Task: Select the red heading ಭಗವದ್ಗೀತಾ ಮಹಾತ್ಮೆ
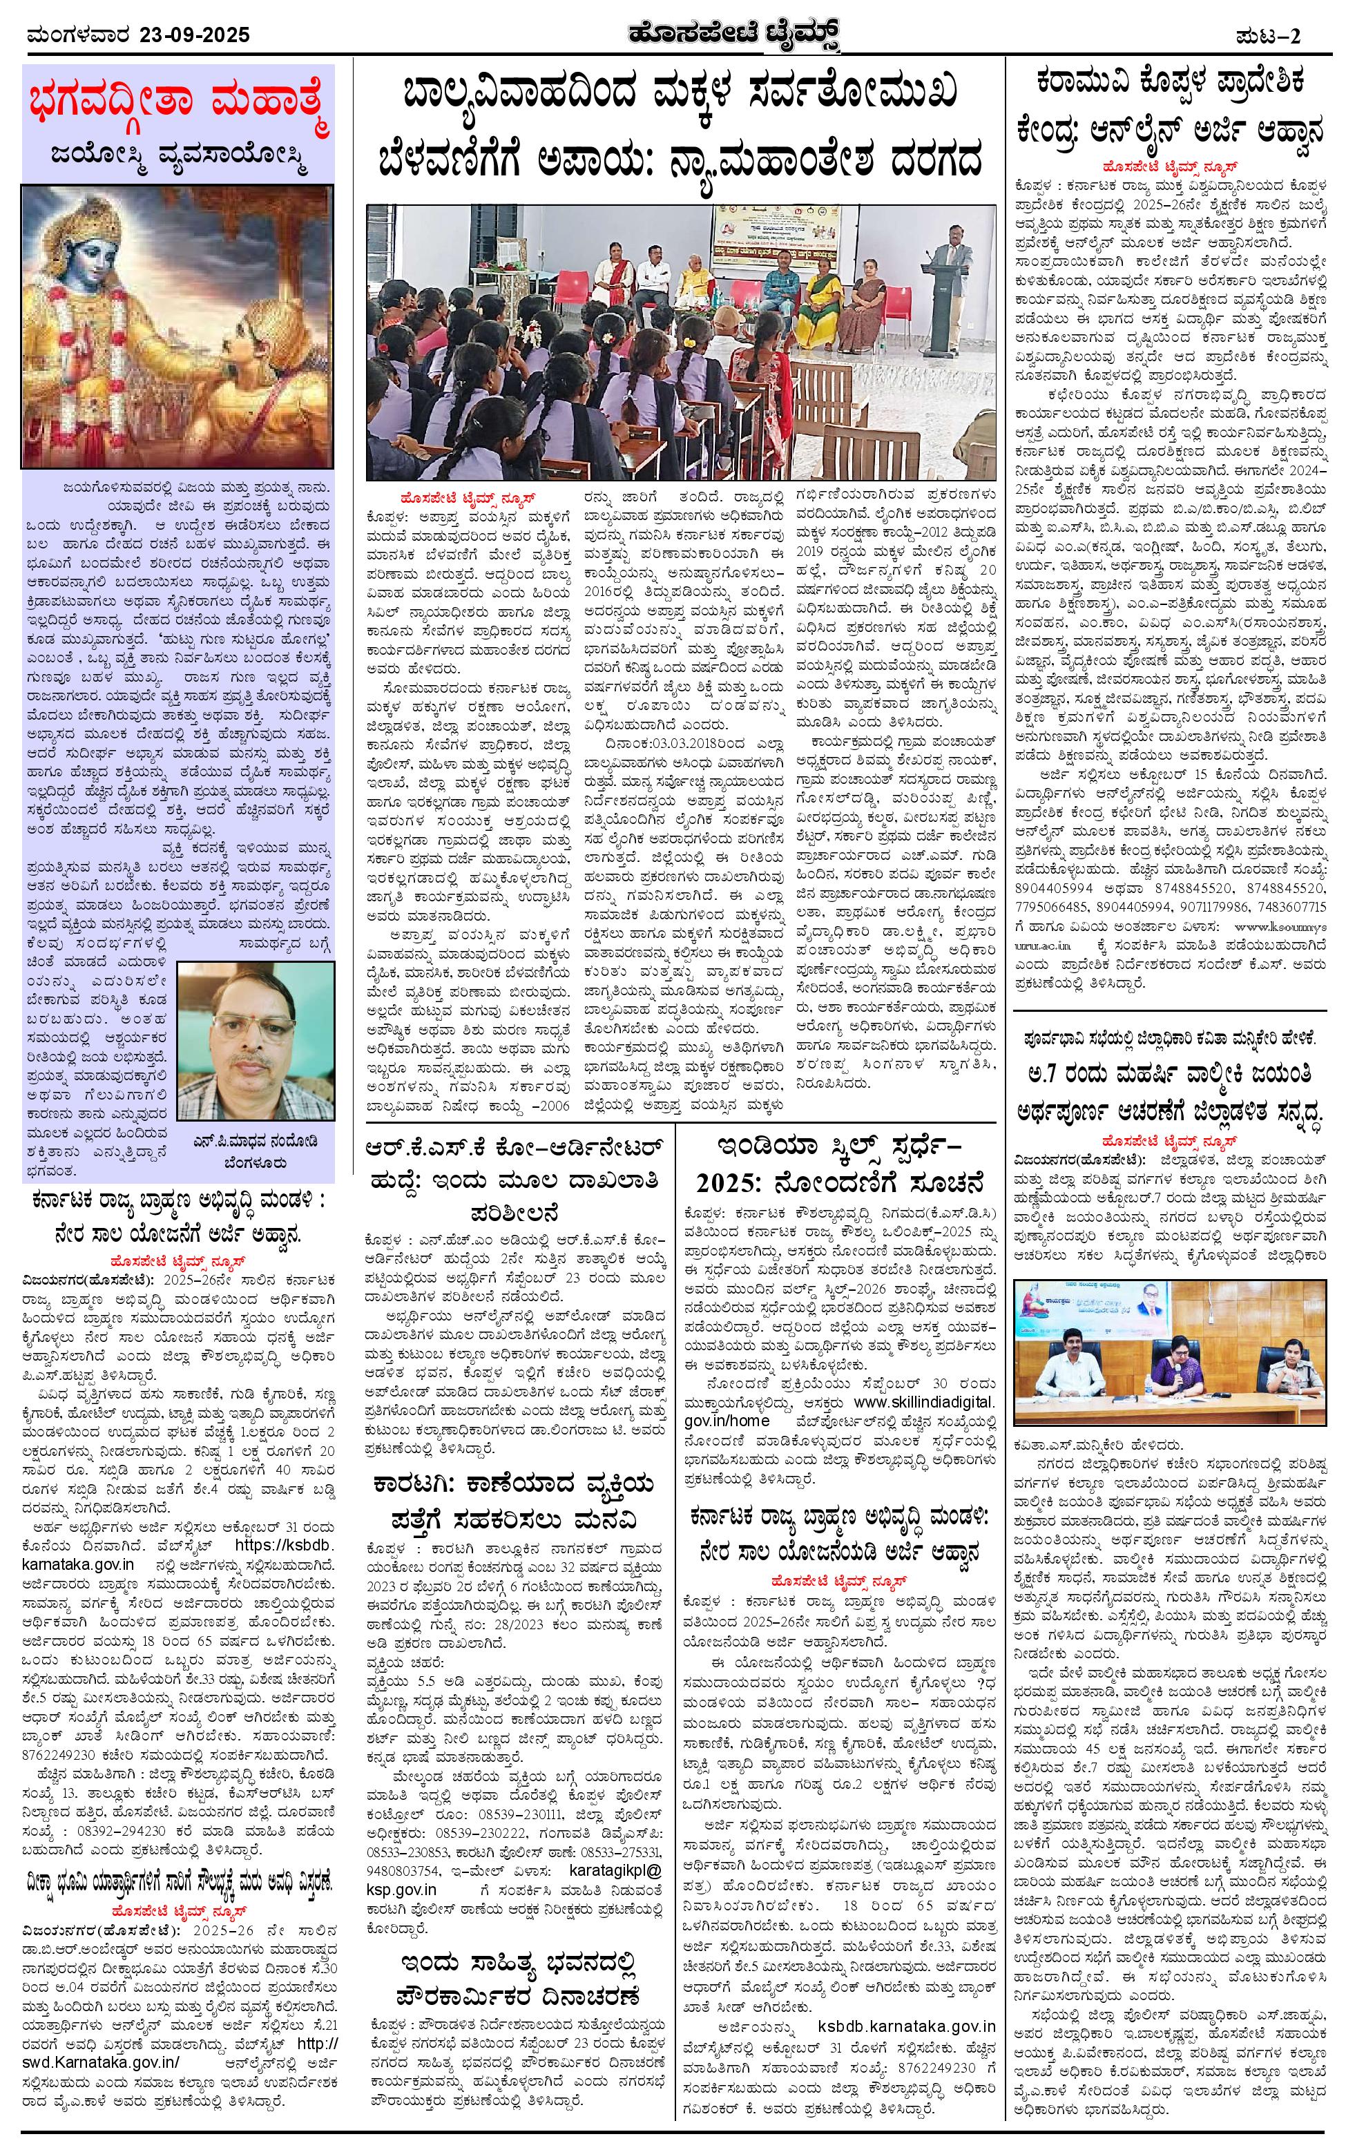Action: click(177, 103)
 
